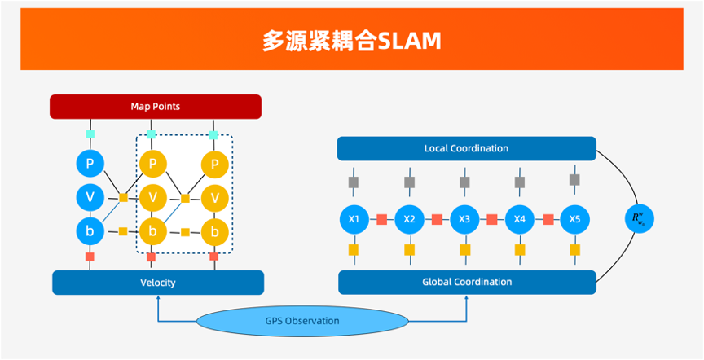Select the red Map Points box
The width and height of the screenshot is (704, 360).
click(x=156, y=107)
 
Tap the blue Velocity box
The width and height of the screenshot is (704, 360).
click(x=158, y=283)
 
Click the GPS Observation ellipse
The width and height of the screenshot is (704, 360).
click(x=301, y=321)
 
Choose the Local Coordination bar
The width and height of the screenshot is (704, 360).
click(x=466, y=148)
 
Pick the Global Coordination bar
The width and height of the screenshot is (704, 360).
click(x=466, y=282)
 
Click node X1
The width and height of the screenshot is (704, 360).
click(x=354, y=219)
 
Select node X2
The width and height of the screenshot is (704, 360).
click(x=409, y=219)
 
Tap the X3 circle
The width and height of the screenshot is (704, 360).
click(x=464, y=219)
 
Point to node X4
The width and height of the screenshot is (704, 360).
click(x=520, y=219)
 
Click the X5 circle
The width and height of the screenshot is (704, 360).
click(x=574, y=219)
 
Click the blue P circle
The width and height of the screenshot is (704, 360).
click(x=90, y=165)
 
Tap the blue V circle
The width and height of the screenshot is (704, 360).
click(x=90, y=197)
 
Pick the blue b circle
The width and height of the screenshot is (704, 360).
click(x=90, y=230)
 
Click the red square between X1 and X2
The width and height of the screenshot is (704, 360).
click(x=381, y=219)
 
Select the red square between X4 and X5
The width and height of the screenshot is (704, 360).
click(x=548, y=219)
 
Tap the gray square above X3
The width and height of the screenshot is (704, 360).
click(x=464, y=181)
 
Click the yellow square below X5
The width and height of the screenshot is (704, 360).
click(x=574, y=249)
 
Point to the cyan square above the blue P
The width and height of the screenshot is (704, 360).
click(x=90, y=134)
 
